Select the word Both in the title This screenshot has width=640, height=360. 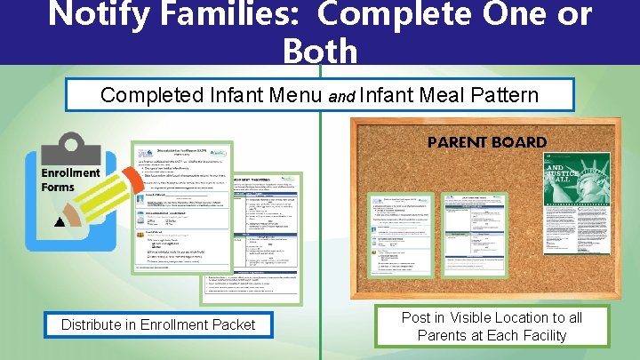coord(320,52)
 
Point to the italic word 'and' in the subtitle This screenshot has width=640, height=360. coord(341,97)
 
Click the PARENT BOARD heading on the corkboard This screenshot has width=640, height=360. coord(487,142)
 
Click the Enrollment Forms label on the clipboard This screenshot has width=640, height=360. coord(71,180)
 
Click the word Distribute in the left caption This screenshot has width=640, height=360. coord(91,325)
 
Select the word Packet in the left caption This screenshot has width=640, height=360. coord(231,325)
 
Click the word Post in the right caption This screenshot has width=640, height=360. coord(416,317)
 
